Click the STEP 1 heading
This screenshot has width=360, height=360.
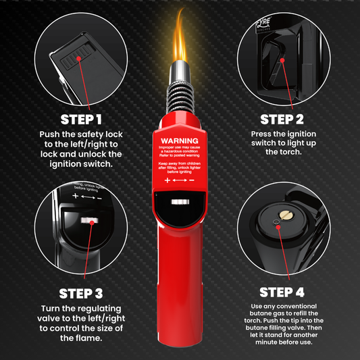point(80,120)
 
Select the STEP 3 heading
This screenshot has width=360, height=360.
point(80,293)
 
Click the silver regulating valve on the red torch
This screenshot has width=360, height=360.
point(179,202)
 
